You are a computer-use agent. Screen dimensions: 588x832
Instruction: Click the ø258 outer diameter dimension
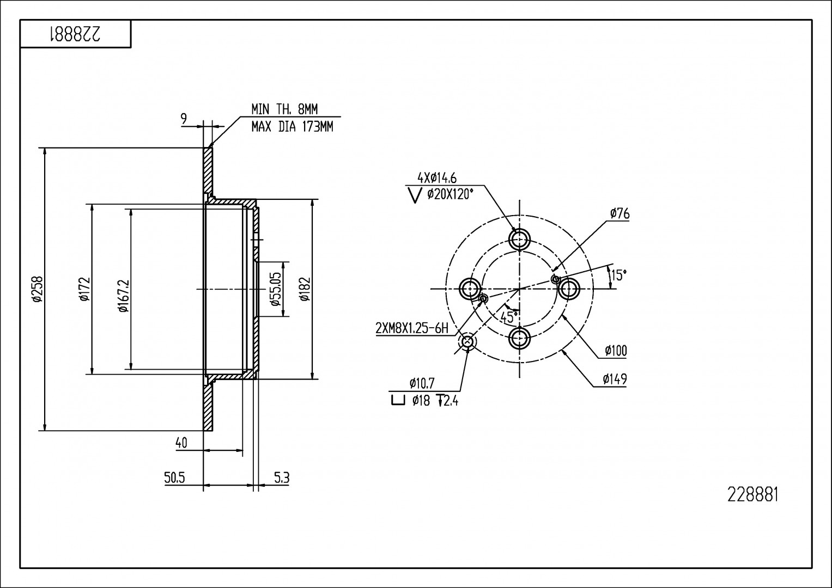pos(37,289)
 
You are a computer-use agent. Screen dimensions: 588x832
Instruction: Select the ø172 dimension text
pos(83,289)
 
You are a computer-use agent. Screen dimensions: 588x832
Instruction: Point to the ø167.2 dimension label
pos(123,296)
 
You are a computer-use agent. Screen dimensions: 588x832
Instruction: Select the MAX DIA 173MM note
pos(291,127)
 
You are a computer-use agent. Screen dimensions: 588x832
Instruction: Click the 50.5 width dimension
pos(175,478)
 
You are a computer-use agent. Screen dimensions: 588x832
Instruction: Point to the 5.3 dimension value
pos(281,478)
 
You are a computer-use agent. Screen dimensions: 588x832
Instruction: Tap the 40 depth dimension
pos(181,443)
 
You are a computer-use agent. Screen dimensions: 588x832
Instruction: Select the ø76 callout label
pos(620,213)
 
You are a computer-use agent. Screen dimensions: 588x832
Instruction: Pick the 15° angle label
pos(618,275)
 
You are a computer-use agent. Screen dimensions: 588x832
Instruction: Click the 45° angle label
pos(509,317)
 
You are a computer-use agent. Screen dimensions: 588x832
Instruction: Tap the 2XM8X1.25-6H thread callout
pos(412,328)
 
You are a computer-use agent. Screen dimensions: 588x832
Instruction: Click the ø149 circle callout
pos(615,379)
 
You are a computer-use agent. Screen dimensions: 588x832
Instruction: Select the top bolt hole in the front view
pos(520,239)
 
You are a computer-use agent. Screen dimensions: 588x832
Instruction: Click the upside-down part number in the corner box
pos(75,34)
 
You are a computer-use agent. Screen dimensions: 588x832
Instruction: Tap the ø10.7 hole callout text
pos(422,383)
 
